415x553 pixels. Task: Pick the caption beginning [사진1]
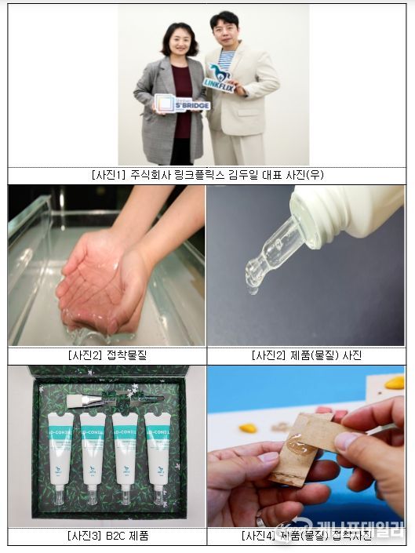coord(207,175)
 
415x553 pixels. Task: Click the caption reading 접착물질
coord(107,355)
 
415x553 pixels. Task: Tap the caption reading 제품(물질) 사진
coord(306,355)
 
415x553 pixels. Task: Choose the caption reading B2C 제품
coord(107,537)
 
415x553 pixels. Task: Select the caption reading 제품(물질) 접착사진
coord(306,537)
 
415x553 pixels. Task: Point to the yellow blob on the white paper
coord(248,428)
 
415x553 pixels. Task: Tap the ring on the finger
coord(260,519)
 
